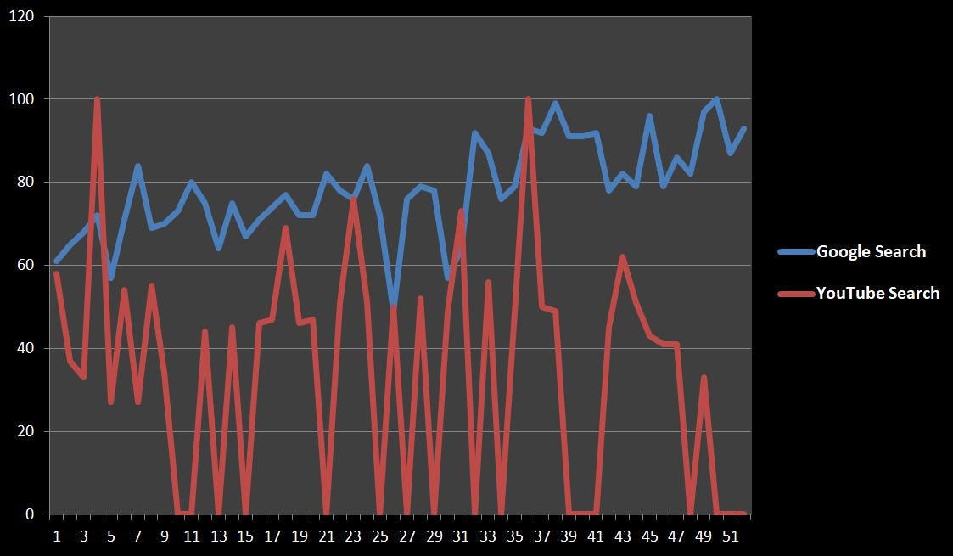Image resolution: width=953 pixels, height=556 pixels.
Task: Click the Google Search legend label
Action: [871, 251]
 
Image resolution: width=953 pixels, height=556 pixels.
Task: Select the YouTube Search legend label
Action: [877, 293]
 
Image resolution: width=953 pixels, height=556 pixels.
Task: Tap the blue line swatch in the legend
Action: [796, 251]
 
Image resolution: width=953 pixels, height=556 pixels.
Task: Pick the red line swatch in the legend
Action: [796, 294]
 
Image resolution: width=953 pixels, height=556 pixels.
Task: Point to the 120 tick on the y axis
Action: [21, 16]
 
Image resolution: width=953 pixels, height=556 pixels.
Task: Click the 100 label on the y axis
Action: [21, 99]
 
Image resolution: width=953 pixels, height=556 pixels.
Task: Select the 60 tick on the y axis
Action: [25, 265]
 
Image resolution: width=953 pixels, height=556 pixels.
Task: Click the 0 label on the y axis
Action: [30, 514]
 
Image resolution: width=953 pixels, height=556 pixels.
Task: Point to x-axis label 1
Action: [57, 536]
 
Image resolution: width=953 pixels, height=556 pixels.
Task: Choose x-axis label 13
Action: [218, 536]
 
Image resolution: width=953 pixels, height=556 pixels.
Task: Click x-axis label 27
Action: [407, 536]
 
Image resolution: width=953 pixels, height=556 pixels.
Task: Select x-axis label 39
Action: [569, 536]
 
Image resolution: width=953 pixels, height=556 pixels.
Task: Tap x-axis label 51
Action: [731, 536]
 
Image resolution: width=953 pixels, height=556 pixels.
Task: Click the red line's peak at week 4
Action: [97, 99]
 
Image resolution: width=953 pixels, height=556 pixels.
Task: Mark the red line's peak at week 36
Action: [528, 99]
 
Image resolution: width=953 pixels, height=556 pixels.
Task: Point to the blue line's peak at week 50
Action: [717, 99]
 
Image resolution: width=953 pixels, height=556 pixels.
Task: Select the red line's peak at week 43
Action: [622, 256]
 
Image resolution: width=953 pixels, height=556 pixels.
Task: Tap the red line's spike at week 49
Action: [704, 377]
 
